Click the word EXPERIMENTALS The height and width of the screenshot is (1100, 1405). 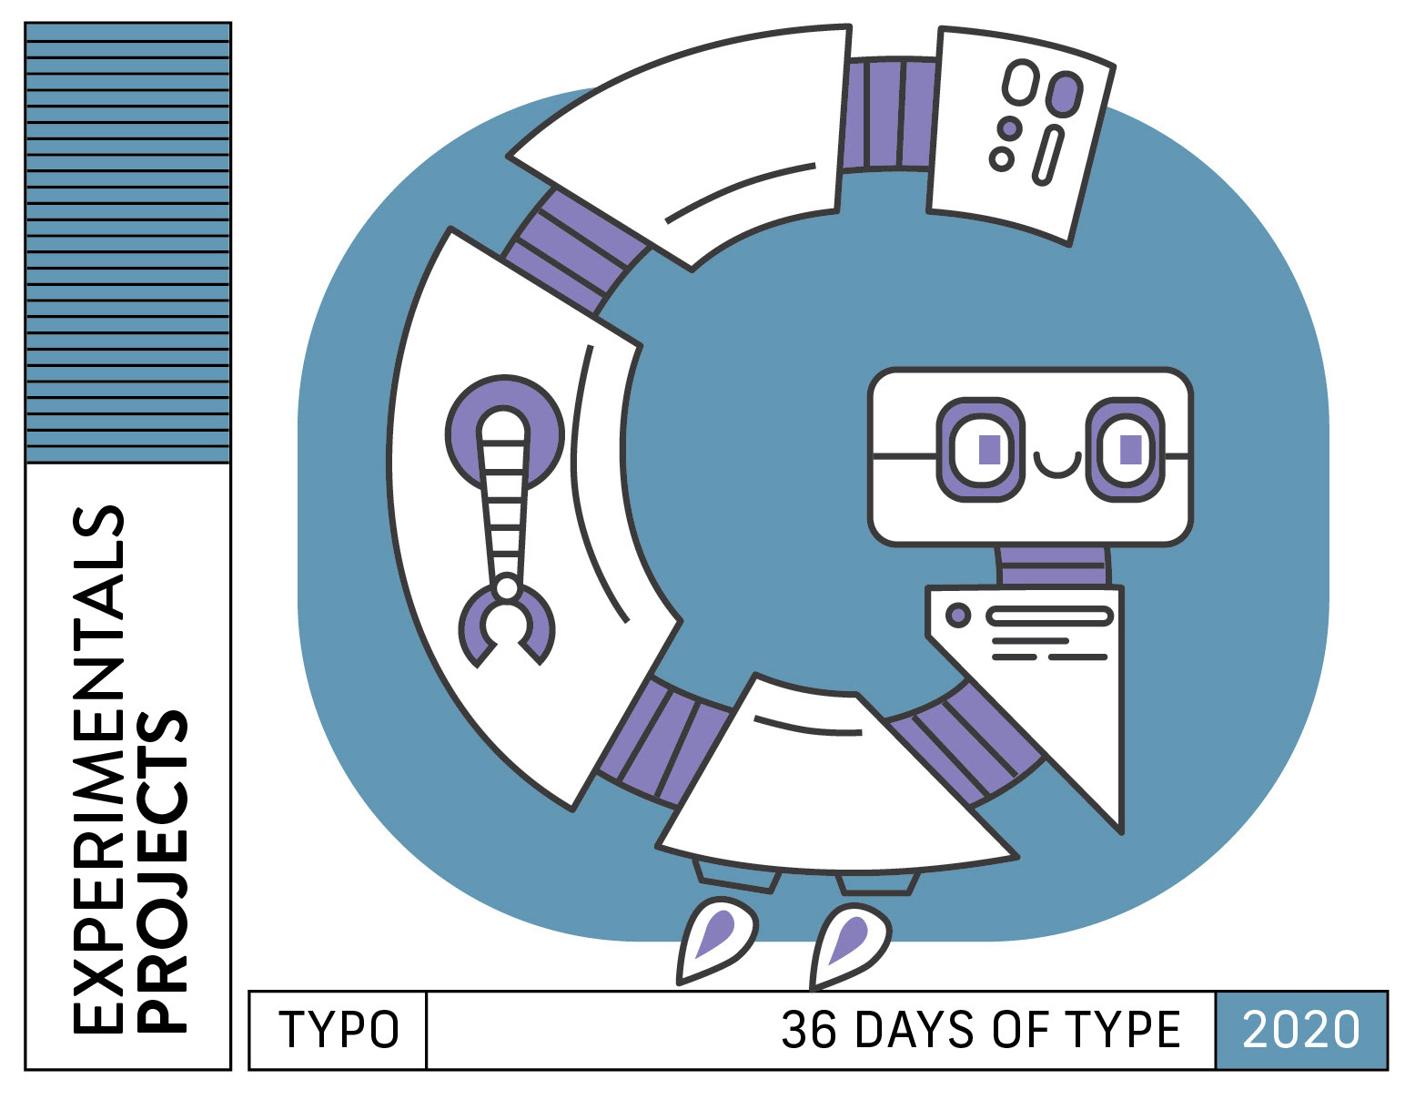(x=98, y=769)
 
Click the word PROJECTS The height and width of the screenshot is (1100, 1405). (x=164, y=870)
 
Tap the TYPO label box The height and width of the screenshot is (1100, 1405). (x=338, y=1030)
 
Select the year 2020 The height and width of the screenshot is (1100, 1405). (x=1300, y=1030)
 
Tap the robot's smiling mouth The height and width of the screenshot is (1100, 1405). (x=1056, y=466)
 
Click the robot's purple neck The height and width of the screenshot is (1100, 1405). (x=1053, y=565)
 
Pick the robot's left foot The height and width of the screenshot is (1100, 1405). (x=717, y=941)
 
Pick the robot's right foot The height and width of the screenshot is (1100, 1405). (x=850, y=945)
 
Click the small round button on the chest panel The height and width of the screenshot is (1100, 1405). (x=957, y=615)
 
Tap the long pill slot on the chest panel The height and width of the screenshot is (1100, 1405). (x=1050, y=616)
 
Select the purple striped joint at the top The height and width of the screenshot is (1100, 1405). (x=887, y=114)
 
